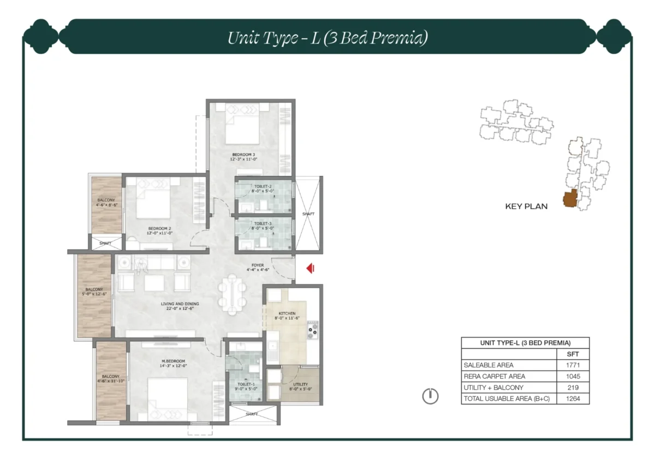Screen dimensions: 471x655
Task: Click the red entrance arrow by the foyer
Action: [309, 268]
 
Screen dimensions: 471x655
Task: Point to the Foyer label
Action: [258, 267]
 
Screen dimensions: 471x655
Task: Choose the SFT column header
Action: [573, 354]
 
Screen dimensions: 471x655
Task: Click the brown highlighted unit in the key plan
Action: [570, 200]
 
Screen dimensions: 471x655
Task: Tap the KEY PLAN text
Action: [526, 207]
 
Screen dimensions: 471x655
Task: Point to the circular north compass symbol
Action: [430, 396]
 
